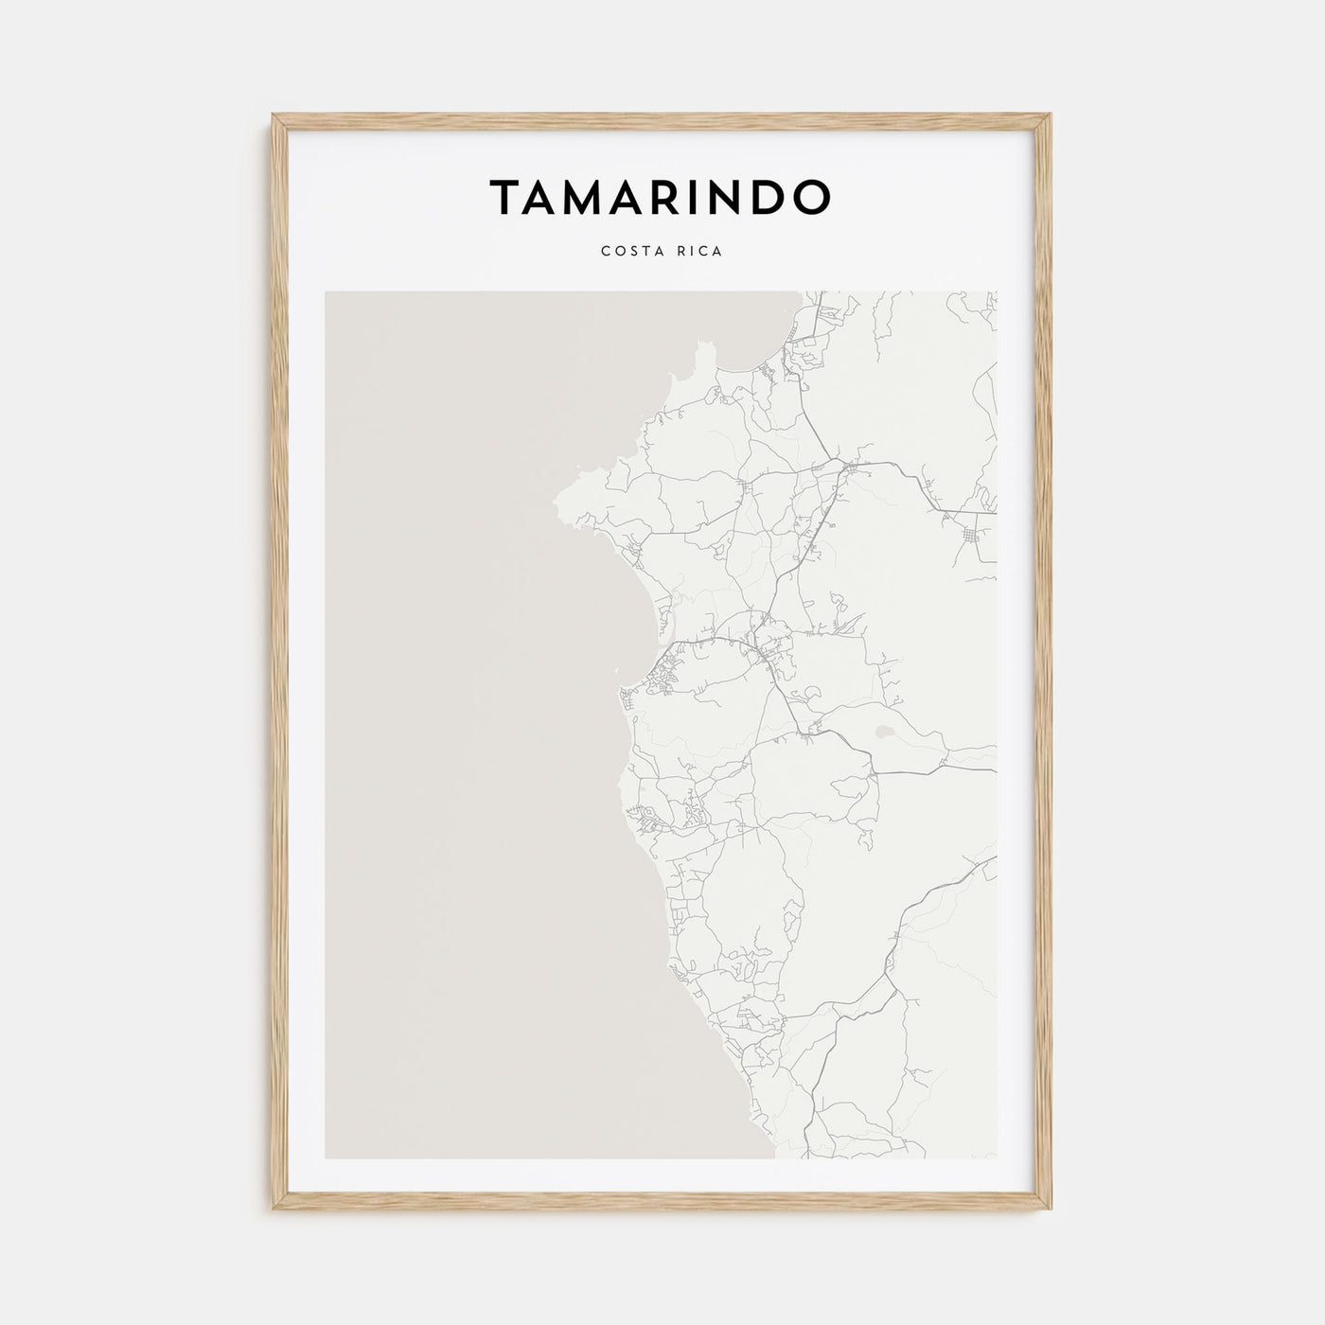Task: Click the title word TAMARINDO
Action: tap(661, 196)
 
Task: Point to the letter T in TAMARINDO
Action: tap(504, 197)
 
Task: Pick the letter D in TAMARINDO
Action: tap(768, 197)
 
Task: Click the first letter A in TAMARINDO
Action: tap(543, 197)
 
